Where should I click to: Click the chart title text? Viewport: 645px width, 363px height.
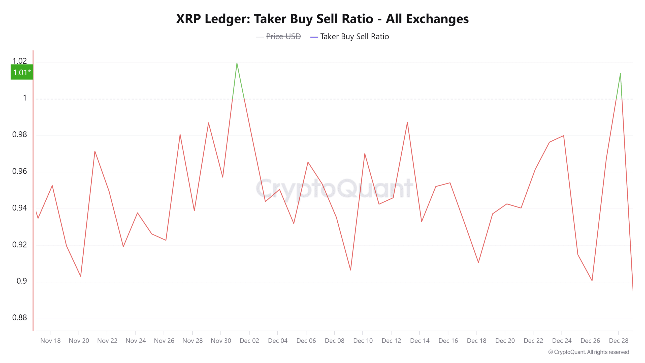(322, 19)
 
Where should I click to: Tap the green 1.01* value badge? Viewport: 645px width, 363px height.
(22, 72)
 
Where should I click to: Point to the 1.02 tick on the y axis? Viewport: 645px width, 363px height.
(20, 61)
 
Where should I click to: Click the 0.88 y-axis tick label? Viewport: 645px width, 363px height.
(20, 317)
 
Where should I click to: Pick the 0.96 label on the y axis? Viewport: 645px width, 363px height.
(20, 171)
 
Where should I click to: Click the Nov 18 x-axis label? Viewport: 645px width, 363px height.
(50, 341)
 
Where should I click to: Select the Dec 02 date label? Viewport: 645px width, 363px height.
(249, 341)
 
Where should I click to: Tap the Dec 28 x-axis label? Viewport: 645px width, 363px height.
(619, 341)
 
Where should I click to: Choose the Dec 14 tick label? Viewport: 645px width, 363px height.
(420, 341)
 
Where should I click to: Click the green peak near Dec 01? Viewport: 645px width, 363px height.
(237, 63)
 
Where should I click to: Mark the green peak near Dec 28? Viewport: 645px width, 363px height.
(620, 73)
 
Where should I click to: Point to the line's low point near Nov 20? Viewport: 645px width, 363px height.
(81, 276)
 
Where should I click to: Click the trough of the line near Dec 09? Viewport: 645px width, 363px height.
(350, 270)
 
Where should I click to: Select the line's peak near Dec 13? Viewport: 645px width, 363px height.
(407, 123)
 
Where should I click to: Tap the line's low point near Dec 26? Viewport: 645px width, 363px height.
(592, 281)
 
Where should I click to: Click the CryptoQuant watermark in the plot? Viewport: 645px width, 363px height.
(334, 188)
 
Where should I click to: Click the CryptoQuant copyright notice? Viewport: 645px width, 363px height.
(589, 352)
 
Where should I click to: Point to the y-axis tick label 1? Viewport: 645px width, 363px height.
(25, 98)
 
